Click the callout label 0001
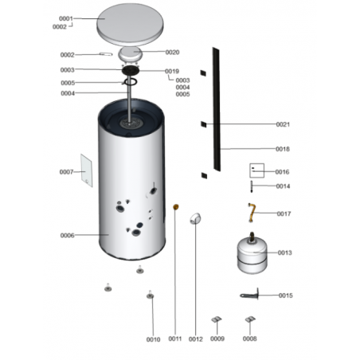[66, 18]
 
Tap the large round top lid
[130, 25]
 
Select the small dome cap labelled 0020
[131, 55]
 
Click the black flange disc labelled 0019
[131, 71]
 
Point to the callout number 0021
[283, 124]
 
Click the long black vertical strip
[217, 109]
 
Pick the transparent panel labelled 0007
[87, 170]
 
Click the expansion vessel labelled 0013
[252, 253]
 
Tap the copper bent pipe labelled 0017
[252, 213]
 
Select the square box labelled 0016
[256, 170]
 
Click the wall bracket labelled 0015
[249, 295]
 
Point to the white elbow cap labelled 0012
[195, 218]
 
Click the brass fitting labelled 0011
[176, 206]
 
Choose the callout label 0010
[153, 339]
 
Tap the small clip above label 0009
[217, 319]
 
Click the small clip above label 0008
[250, 319]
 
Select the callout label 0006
[67, 235]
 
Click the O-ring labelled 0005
[131, 82]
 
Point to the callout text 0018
[283, 149]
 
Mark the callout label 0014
[283, 186]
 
